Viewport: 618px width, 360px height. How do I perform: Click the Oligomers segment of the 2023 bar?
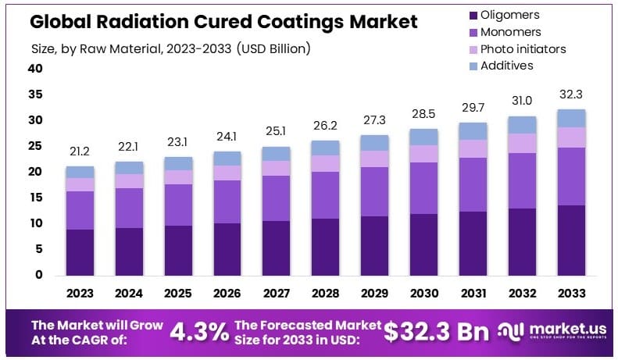click(x=80, y=251)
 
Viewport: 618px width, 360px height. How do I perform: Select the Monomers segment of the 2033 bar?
click(x=570, y=176)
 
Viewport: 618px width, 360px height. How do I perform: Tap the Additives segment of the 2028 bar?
click(x=325, y=148)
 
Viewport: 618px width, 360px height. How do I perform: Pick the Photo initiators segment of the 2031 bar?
click(x=472, y=148)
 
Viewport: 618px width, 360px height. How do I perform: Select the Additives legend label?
click(x=507, y=66)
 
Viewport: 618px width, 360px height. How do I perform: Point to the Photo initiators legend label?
click(x=523, y=48)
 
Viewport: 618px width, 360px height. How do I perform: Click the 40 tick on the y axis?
click(x=35, y=69)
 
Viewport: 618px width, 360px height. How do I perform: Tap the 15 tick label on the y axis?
click(x=35, y=198)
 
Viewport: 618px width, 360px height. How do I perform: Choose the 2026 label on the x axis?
click(x=227, y=294)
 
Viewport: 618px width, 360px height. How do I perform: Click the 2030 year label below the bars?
click(x=423, y=294)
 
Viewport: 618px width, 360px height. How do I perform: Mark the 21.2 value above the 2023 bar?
click(x=80, y=152)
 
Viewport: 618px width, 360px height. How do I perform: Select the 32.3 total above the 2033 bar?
click(x=570, y=94)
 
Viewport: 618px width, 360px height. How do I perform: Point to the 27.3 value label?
click(x=374, y=121)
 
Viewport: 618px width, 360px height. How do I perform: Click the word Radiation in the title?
click(x=135, y=22)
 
